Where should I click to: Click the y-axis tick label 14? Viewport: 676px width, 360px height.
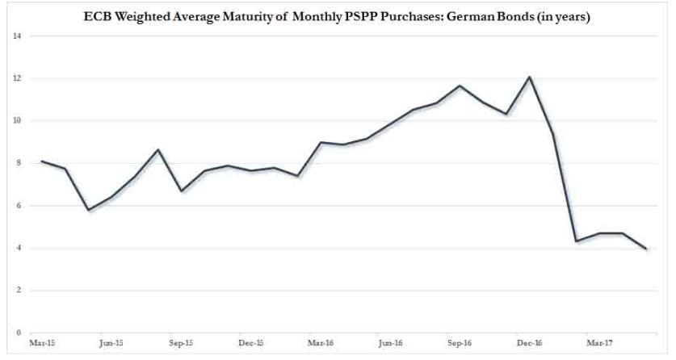pos(16,36)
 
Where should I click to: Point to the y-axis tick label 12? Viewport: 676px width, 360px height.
pos(16,78)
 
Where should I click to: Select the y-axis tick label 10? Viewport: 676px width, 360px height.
pos(16,121)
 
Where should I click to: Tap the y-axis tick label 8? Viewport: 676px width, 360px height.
pos(18,163)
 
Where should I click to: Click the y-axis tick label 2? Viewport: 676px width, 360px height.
pos(18,290)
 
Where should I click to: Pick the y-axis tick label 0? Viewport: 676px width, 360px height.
pos(18,333)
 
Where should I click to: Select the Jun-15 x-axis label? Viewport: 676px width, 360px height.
pos(110,343)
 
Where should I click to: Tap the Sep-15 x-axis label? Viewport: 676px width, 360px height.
pos(180,343)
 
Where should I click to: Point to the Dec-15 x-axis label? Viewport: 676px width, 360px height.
pos(250,343)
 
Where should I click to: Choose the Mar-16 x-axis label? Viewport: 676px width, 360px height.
pos(321,343)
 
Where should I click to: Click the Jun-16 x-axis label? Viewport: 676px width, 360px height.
pos(391,343)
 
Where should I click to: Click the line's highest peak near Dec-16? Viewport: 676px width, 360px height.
pos(529,77)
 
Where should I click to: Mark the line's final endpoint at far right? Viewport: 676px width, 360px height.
pos(646,249)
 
